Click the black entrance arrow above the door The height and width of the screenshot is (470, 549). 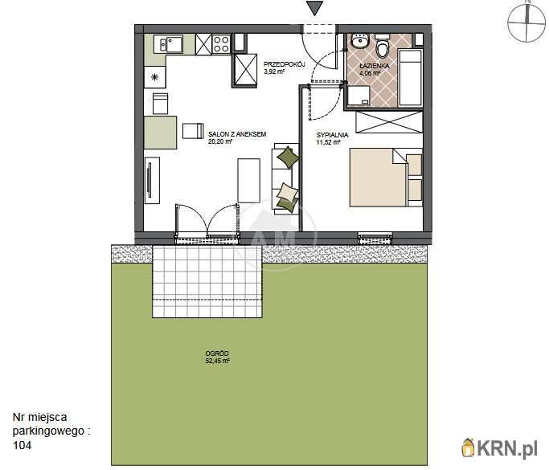[314, 8]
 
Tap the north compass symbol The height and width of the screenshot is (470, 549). [527, 22]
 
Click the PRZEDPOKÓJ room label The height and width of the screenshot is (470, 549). [285, 64]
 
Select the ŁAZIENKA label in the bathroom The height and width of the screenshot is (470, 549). [375, 66]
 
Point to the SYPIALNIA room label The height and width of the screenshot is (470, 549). [332, 135]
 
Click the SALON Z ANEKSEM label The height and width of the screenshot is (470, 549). [237, 134]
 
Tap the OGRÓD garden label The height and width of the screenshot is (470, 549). [217, 354]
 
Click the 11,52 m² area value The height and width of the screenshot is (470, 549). [329, 142]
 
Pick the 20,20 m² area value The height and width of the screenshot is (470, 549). [220, 141]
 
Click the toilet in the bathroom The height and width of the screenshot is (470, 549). [382, 47]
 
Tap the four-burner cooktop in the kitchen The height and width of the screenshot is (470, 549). [221, 44]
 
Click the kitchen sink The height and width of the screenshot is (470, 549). [171, 44]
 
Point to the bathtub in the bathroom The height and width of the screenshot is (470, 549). [411, 78]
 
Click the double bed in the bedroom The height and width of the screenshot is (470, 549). [386, 178]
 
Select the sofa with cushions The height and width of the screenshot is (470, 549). [285, 179]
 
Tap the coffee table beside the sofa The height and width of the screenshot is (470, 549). [249, 181]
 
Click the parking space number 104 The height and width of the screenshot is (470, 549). [22, 445]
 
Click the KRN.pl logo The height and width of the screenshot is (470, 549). [500, 448]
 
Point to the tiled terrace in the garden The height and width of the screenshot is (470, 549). [207, 281]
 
